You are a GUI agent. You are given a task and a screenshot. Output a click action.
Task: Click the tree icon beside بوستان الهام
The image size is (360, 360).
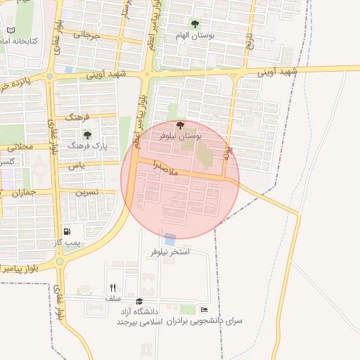click(x=195, y=25)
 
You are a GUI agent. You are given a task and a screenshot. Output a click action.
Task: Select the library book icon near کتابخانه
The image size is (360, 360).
click(x=11, y=30)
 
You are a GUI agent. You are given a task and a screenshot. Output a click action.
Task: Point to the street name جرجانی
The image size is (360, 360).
click(x=77, y=34)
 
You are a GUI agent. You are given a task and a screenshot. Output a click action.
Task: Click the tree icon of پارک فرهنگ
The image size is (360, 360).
click(x=87, y=134)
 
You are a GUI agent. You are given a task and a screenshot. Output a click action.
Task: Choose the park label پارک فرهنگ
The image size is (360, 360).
click(x=83, y=144)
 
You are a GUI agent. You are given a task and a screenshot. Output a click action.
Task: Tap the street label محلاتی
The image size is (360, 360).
click(x=19, y=147)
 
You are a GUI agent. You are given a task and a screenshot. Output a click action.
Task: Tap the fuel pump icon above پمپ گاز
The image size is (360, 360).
click(x=67, y=231)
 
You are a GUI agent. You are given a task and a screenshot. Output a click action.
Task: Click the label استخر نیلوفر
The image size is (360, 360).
click(x=170, y=251)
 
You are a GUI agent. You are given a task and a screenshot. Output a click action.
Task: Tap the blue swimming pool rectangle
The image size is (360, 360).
click(x=170, y=239)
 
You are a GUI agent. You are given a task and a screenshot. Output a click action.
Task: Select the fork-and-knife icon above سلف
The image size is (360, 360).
click(x=112, y=288)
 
